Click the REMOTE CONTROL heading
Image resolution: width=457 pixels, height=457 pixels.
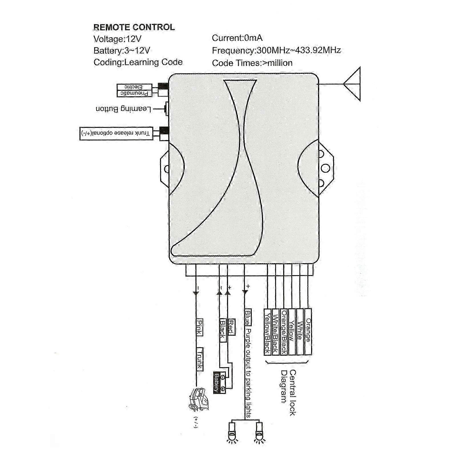pos(134,27)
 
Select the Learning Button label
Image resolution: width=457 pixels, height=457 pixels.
pos(123,109)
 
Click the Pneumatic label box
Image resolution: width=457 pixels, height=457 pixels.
pos(134,93)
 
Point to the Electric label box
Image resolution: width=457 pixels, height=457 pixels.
pos(134,87)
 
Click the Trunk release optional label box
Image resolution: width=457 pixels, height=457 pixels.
pos(116,133)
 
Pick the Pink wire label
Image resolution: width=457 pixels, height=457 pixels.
pos(199,327)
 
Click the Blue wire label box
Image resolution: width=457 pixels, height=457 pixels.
pos(248,317)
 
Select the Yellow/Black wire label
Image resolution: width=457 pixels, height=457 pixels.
pos(267,332)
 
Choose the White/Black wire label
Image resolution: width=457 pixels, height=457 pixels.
pos(275,332)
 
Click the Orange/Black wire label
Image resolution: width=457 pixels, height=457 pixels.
pos(283,332)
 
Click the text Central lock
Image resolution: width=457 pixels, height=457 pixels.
pos(292,392)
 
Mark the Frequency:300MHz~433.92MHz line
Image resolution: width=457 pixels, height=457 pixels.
pos(276,51)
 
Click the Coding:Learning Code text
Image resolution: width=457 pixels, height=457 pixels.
pos(138,62)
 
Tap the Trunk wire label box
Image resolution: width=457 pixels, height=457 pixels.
pos(200,359)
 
